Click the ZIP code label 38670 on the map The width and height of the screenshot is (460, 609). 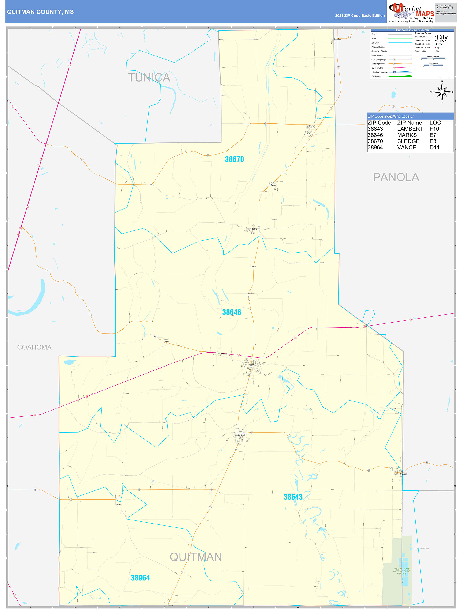coord(234,160)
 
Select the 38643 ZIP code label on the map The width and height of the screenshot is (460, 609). coord(293,497)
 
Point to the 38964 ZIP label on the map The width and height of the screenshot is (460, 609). coord(140,578)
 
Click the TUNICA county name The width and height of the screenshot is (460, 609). coord(149,78)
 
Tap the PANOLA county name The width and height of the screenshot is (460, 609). coord(396,177)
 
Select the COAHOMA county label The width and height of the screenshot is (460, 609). coord(34,347)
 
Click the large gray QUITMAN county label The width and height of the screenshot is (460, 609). coord(196,557)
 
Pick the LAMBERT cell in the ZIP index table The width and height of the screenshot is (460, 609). coord(410,129)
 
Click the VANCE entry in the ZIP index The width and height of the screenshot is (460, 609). coord(406,148)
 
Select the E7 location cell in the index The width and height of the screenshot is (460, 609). coord(433,135)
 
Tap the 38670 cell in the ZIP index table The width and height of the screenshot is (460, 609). coord(375,141)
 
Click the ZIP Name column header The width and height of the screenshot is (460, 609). coord(409,123)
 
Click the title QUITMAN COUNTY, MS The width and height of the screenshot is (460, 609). coord(40,12)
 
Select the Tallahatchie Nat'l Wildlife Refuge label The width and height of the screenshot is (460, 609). coord(401,571)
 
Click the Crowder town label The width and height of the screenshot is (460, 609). coord(403,474)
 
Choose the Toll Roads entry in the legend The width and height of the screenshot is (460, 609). coord(376,77)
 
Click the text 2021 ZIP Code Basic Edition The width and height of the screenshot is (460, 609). coord(359,16)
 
